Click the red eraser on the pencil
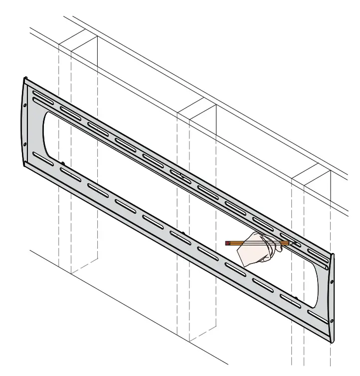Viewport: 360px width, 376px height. tap(227, 244)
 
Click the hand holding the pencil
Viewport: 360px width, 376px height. tap(255, 252)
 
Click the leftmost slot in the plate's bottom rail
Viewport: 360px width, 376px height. tap(43, 159)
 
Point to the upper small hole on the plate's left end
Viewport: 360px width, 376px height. tap(25, 105)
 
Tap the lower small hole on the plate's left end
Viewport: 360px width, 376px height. tap(25, 145)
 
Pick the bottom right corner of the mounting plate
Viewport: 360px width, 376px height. tap(331, 343)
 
